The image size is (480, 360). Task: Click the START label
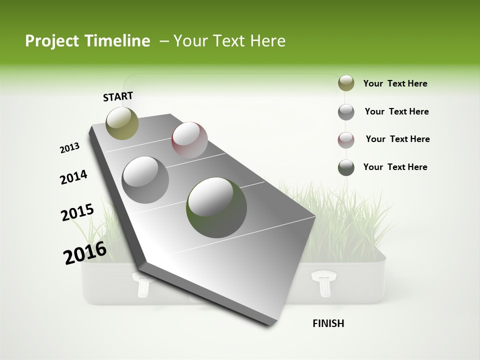(x=118, y=96)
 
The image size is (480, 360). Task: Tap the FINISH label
(x=328, y=323)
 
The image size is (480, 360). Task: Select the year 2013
(x=69, y=147)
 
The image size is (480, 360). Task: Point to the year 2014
(x=73, y=177)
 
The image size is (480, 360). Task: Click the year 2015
(x=77, y=212)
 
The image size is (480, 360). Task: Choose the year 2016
(x=84, y=252)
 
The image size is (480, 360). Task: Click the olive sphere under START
(x=122, y=123)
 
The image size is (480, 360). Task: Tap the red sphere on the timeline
(x=189, y=140)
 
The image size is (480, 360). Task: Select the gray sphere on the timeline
(x=145, y=179)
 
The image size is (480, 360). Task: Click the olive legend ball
(x=346, y=83)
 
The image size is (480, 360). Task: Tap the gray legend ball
(x=346, y=111)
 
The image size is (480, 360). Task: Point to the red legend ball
(x=346, y=139)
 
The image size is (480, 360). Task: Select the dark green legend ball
(x=346, y=167)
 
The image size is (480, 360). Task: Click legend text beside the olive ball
(x=395, y=83)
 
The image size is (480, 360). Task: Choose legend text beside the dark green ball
(x=395, y=167)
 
